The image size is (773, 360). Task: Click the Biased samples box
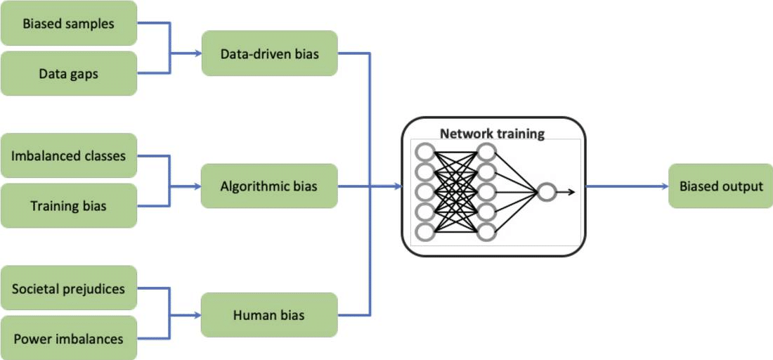tap(68, 24)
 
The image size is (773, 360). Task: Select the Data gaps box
tap(68, 72)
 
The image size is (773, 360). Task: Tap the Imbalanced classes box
tap(68, 156)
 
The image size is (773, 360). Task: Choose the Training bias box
tap(68, 205)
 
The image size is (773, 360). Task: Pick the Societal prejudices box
tap(68, 288)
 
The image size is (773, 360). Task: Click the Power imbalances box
tap(68, 338)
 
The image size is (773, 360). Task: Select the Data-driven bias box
tap(269, 53)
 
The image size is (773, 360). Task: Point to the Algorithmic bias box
tap(269, 186)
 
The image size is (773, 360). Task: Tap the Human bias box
tap(269, 315)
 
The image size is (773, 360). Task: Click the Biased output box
tap(720, 186)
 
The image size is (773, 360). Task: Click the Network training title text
tap(492, 134)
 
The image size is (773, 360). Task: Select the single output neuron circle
tap(546, 191)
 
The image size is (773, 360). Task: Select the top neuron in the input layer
tap(424, 151)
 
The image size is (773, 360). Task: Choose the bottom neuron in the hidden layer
tap(486, 231)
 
